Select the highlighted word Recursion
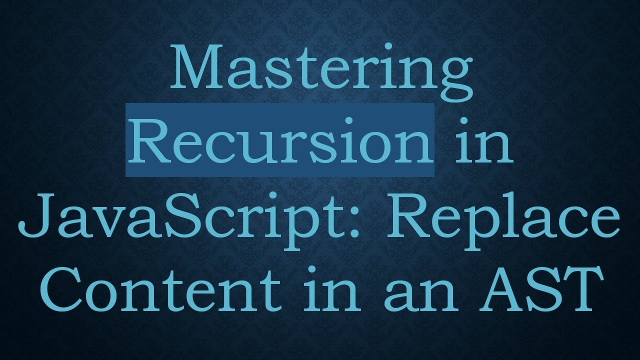pyautogui.click(x=280, y=140)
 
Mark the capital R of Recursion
pyautogui.click(x=149, y=140)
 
